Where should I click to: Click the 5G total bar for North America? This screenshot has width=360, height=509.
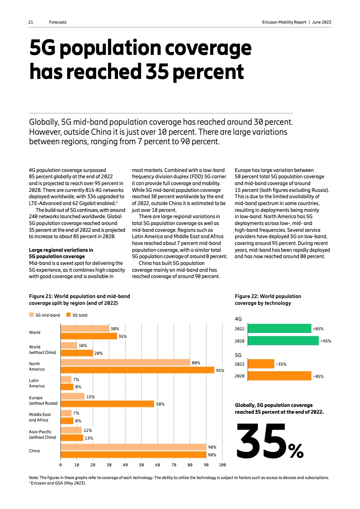coord(137,370)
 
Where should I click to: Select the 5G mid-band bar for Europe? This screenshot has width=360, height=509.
coord(73,396)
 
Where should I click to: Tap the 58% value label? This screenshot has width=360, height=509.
coord(160,404)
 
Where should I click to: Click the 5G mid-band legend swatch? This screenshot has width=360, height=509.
coord(31,315)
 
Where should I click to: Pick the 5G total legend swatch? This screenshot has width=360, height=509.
coord(69,315)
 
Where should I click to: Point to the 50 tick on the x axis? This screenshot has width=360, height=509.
coord(141,465)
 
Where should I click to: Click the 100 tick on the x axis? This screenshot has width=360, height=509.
coord(222,465)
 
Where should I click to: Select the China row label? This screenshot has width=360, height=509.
coord(35,451)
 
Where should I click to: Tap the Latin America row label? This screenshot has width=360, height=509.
coord(37,383)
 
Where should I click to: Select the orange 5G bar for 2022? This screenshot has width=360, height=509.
coord(261,364)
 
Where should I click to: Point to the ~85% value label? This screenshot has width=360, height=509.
coord(318,376)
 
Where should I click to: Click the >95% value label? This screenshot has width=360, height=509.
coord(326,341)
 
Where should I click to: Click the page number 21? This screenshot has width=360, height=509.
coord(31,22)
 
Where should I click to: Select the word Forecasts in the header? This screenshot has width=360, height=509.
coord(58,22)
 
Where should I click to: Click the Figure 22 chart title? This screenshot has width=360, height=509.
coord(268,299)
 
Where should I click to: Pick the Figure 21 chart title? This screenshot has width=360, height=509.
coord(76,299)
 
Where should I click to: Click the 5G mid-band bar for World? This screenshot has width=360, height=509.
coord(85,328)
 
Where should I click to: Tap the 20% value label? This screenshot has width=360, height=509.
coord(99,352)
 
